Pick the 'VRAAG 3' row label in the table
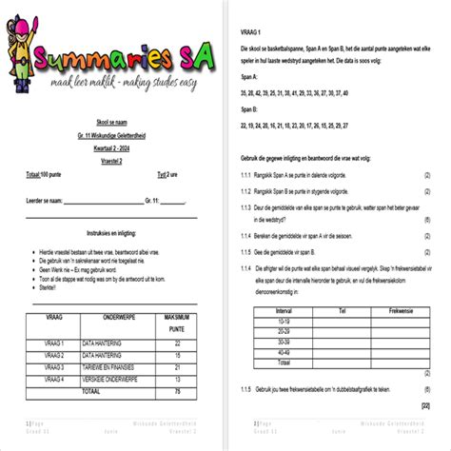[54, 366]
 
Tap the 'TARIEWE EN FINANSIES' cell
[111, 366]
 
